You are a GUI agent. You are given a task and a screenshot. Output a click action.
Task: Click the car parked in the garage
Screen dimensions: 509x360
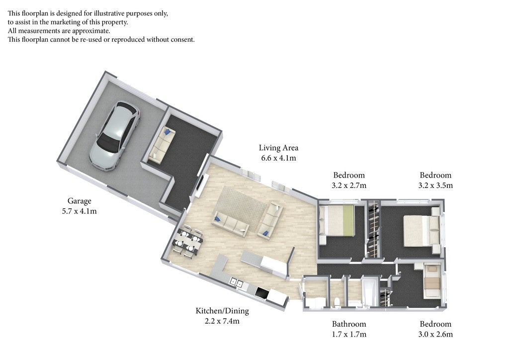pyautogui.click(x=114, y=136)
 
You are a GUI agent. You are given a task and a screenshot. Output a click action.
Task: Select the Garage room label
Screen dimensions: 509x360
pyautogui.click(x=79, y=201)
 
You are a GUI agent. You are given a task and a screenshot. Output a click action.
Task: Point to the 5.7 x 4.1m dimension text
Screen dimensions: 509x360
pyautogui.click(x=79, y=211)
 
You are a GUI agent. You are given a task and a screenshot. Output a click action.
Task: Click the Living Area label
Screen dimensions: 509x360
pyautogui.click(x=278, y=148)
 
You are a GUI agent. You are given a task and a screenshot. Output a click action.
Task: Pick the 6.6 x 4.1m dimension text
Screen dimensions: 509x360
pyautogui.click(x=278, y=158)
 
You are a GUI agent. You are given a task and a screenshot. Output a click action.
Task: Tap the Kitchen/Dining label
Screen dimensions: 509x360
pyautogui.click(x=222, y=311)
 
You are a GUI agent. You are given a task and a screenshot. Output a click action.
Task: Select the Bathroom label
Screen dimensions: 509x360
pyautogui.click(x=349, y=324)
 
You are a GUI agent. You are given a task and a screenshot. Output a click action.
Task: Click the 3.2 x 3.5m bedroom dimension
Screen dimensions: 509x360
pyautogui.click(x=435, y=185)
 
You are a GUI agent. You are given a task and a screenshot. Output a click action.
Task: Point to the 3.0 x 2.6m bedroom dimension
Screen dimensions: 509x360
pyautogui.click(x=435, y=334)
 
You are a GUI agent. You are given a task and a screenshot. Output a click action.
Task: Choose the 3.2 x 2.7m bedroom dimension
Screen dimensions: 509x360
pyautogui.click(x=349, y=185)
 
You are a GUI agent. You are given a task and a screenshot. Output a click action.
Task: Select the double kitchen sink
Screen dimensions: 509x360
pyautogui.click(x=236, y=283)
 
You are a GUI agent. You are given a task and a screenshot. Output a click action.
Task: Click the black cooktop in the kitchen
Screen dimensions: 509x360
pyautogui.click(x=262, y=292)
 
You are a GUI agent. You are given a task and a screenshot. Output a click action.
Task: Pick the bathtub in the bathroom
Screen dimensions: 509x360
pyautogui.click(x=369, y=291)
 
